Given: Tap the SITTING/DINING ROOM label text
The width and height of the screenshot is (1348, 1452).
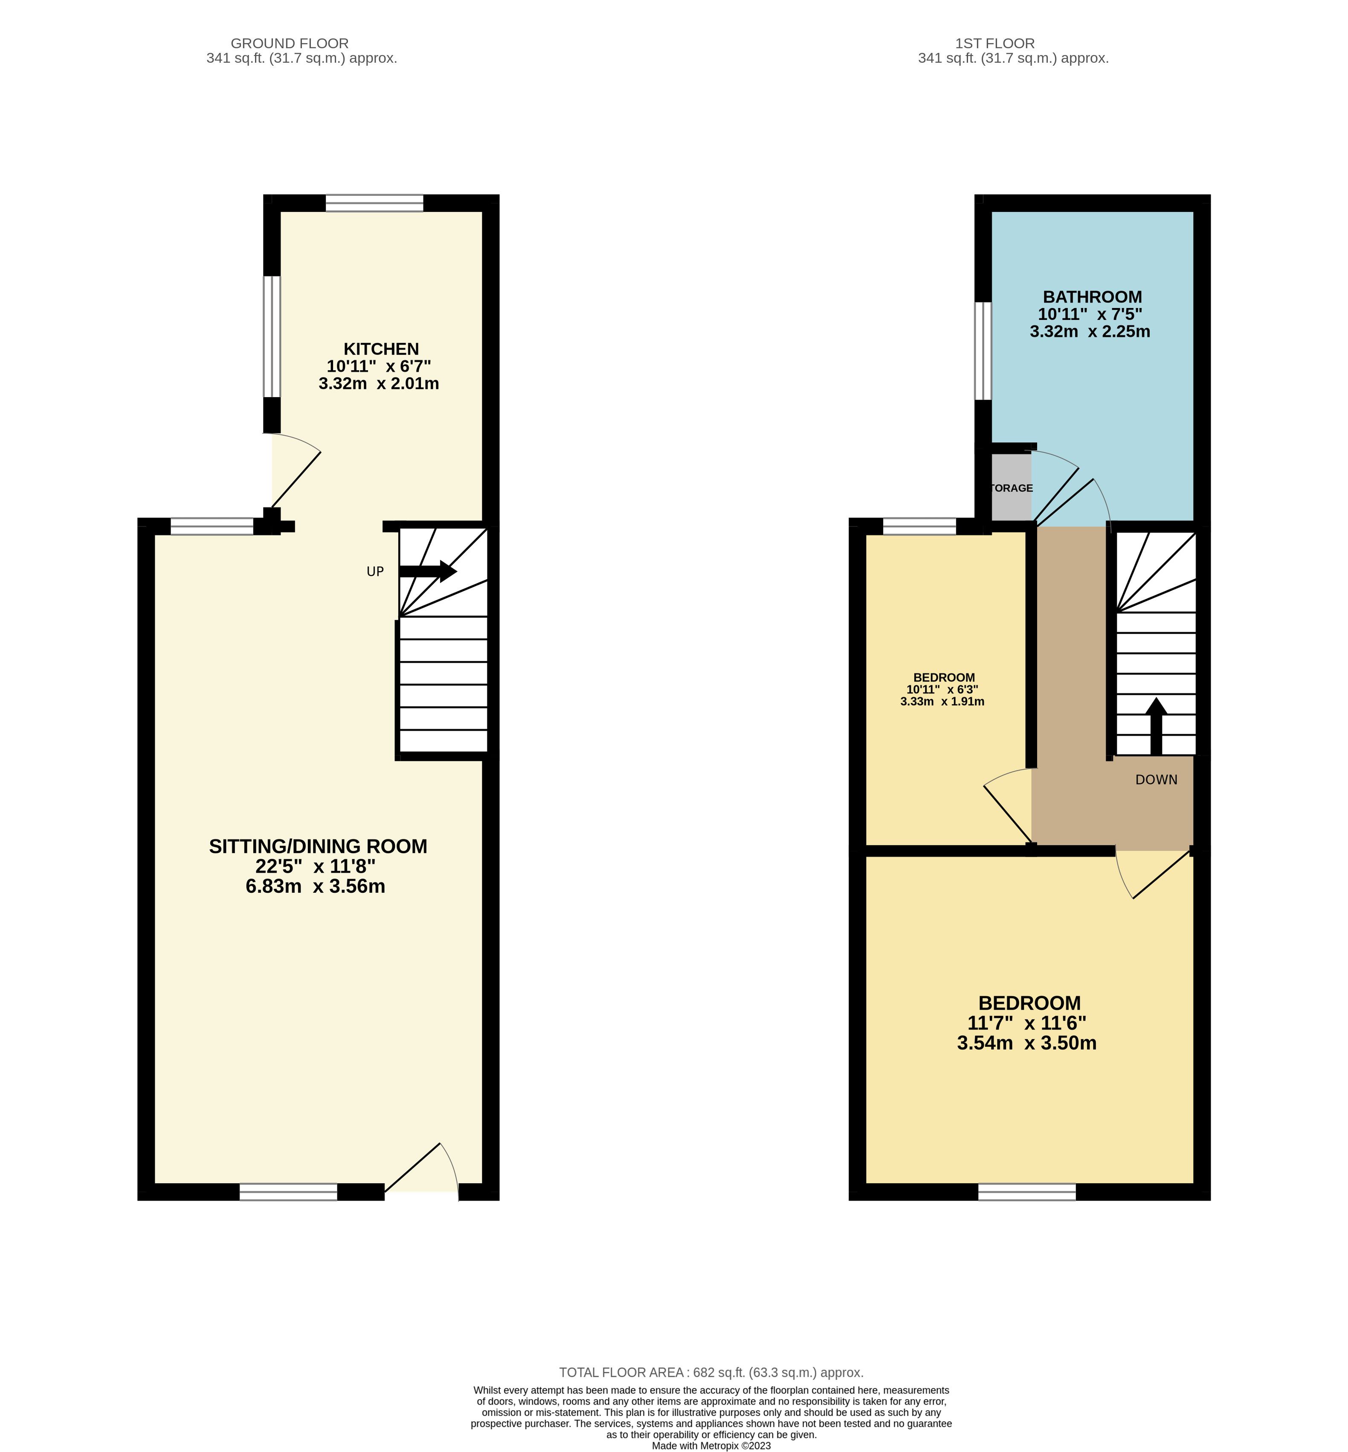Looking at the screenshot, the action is [318, 846].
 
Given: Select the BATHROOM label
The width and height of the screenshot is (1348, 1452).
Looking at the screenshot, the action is [1092, 297].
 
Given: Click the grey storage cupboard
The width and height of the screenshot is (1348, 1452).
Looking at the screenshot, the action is [1012, 488].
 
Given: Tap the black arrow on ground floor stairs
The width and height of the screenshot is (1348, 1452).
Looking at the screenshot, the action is [428, 571].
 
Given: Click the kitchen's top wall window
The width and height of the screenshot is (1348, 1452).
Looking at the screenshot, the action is [374, 203].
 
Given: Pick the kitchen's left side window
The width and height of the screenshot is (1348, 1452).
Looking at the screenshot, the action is [271, 337].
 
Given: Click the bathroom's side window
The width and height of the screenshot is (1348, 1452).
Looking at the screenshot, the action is [983, 351].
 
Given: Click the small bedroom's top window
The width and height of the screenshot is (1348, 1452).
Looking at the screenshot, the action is [919, 526].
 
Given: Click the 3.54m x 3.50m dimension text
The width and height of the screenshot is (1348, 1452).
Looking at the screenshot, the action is [1027, 1043].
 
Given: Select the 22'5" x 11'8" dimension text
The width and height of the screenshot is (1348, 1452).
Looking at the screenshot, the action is [315, 866].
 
